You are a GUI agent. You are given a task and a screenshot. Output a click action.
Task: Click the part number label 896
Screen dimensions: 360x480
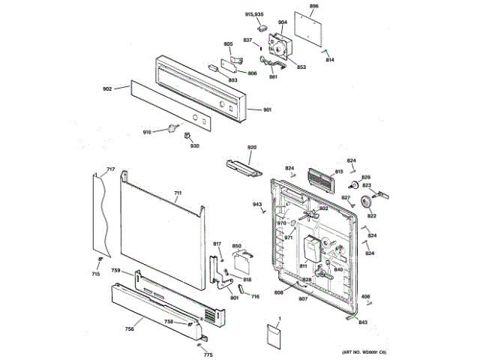coord(314,6)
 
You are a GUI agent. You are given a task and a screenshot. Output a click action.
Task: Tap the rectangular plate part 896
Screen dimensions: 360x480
coord(309,28)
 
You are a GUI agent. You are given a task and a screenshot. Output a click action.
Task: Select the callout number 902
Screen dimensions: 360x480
coord(106,88)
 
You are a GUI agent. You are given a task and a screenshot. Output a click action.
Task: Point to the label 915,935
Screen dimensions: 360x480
coord(255,14)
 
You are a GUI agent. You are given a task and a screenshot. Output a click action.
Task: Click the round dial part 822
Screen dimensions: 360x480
coord(367,202)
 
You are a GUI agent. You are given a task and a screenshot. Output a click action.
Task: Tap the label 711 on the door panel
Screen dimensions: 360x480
coord(178,193)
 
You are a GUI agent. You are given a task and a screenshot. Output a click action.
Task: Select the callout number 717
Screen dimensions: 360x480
coord(110,169)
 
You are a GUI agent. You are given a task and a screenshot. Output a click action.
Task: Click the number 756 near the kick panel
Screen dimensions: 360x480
coord(129,328)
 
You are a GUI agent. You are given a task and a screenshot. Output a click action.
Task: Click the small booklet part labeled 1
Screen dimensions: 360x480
coord(273,334)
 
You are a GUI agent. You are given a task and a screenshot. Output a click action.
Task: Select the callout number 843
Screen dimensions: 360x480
coord(363,322)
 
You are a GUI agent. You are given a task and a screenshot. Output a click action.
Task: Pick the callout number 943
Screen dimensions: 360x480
coord(256,204)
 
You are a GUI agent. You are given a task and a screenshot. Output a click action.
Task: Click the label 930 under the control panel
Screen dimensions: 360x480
coord(195,145)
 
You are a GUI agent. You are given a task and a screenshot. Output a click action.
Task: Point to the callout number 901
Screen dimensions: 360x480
coord(267,110)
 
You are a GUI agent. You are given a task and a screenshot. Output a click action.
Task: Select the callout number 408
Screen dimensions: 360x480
coord(366,297)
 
